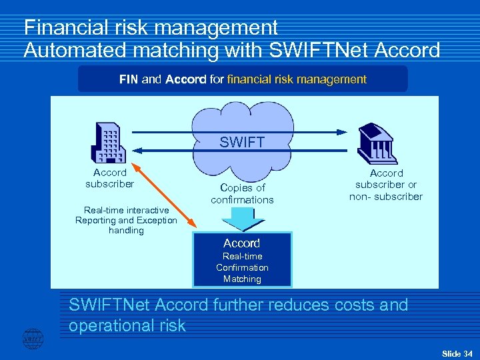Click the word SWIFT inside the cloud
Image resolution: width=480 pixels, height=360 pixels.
[x=242, y=142]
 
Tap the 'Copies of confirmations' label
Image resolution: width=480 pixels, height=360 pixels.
[x=242, y=193]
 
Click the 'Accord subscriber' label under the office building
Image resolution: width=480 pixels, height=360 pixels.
[x=109, y=178]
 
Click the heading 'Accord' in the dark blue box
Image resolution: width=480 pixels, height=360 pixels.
[x=241, y=243]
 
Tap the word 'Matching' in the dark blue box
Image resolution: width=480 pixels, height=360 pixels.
[x=242, y=279]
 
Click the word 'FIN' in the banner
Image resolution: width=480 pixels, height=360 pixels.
[x=129, y=79]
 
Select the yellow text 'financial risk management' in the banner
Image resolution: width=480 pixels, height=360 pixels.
[x=297, y=79]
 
